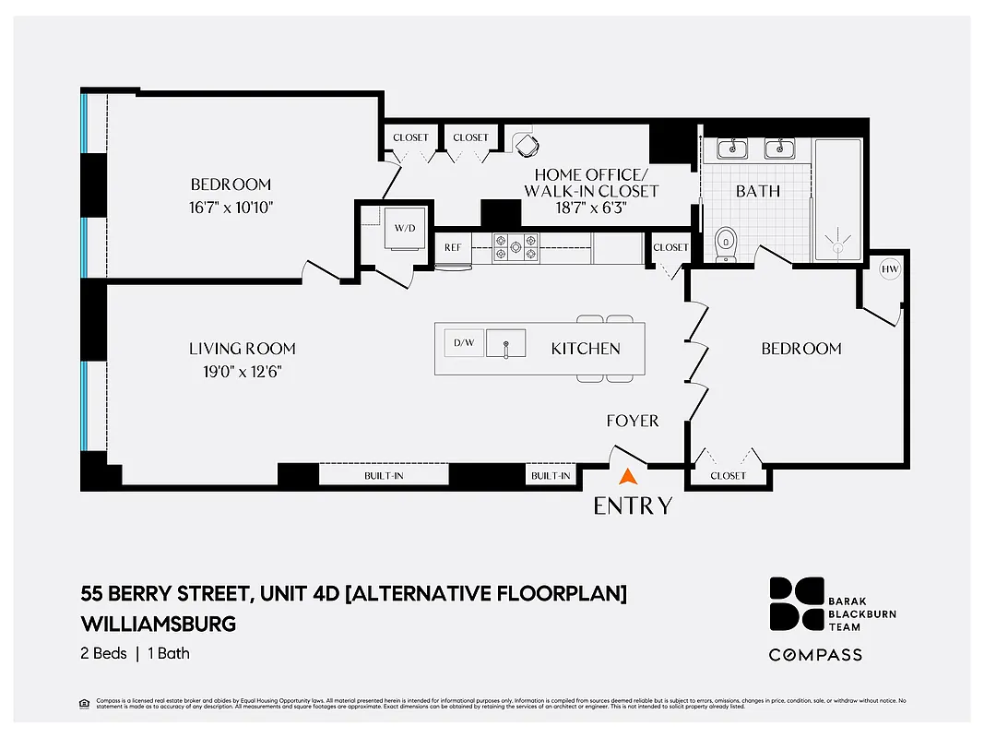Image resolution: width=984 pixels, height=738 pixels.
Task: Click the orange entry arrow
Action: click(x=628, y=477)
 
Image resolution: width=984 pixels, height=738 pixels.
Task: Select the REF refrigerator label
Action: click(x=453, y=247)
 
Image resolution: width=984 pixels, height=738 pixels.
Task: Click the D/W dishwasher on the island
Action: click(x=463, y=342)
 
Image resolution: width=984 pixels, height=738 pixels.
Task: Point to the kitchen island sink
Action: click(x=505, y=343)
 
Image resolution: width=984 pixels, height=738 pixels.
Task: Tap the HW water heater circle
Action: click(x=890, y=269)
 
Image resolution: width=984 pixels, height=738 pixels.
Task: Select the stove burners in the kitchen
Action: click(x=516, y=246)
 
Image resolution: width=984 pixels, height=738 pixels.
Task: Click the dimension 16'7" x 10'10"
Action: click(x=231, y=207)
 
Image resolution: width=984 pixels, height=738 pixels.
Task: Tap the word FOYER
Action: click(x=632, y=421)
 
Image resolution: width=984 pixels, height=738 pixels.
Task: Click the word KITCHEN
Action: click(x=586, y=349)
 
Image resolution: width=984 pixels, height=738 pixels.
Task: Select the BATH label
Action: click(x=758, y=191)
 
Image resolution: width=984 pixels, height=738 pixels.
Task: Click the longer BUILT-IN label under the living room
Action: click(x=383, y=476)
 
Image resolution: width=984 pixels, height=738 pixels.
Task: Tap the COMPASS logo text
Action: click(x=816, y=654)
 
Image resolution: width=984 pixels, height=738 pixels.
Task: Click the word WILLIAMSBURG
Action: click(x=159, y=624)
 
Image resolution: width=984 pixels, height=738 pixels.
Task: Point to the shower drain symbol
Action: click(x=837, y=244)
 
